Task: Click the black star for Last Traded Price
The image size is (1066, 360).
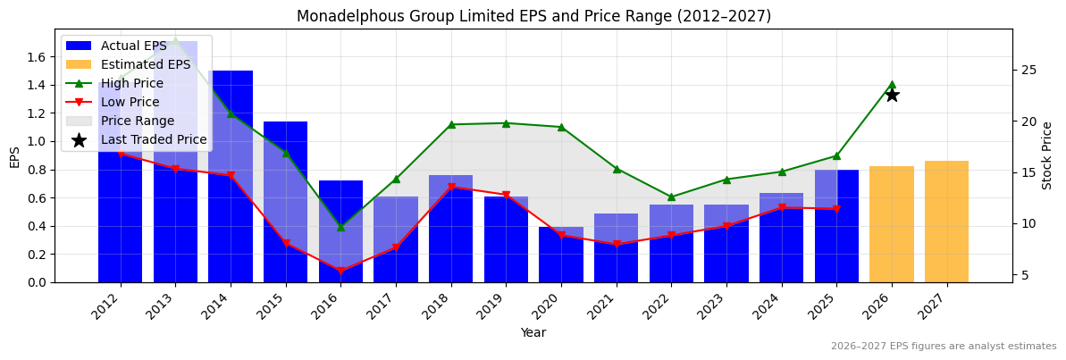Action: (891, 95)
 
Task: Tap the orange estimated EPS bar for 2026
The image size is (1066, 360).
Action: (891, 224)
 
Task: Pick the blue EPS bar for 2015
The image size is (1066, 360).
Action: (285, 202)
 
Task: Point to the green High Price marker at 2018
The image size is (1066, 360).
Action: (451, 124)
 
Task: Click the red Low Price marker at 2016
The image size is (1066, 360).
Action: (340, 271)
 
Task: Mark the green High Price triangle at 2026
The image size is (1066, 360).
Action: (891, 84)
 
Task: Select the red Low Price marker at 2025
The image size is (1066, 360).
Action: (836, 209)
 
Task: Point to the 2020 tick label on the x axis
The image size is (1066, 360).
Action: (556, 306)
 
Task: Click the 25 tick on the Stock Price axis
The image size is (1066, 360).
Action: (1028, 70)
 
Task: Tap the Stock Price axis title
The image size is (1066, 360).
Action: (1047, 155)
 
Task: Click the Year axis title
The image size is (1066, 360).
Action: (533, 333)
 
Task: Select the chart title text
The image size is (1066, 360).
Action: (533, 16)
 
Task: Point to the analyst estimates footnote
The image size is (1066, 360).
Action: (944, 347)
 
